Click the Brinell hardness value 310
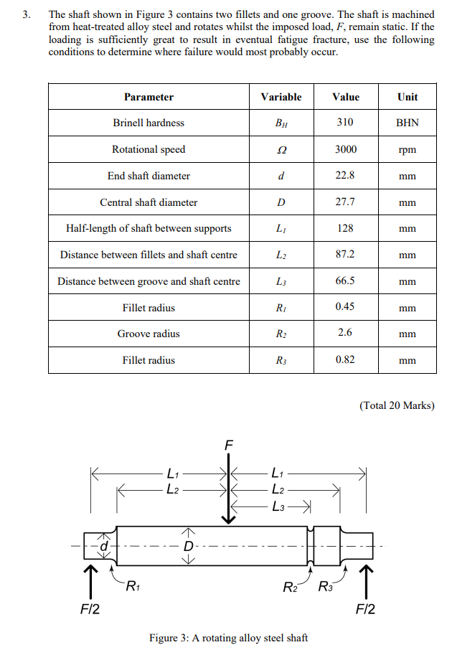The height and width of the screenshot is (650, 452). coord(345,123)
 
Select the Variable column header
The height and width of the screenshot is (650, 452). coord(281,97)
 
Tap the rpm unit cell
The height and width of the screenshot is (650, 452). coord(407,150)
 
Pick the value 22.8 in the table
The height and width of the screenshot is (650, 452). coord(345,176)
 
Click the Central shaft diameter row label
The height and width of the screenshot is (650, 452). coord(149,202)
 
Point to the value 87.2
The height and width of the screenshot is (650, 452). coord(345,255)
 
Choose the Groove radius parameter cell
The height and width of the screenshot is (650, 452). coord(149,334)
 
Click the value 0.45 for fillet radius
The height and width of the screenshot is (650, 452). coord(345,307)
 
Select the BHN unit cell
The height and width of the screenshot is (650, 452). coord(407,123)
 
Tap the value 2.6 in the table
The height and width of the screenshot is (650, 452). coord(345,334)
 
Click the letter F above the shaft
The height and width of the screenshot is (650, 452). coord(229,446)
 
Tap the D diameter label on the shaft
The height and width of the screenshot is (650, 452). coord(189,547)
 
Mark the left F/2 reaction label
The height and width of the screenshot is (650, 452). coord(90,610)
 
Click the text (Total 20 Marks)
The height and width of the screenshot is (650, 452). coord(397,405)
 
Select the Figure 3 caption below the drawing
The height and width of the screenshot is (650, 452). coord(228,638)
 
